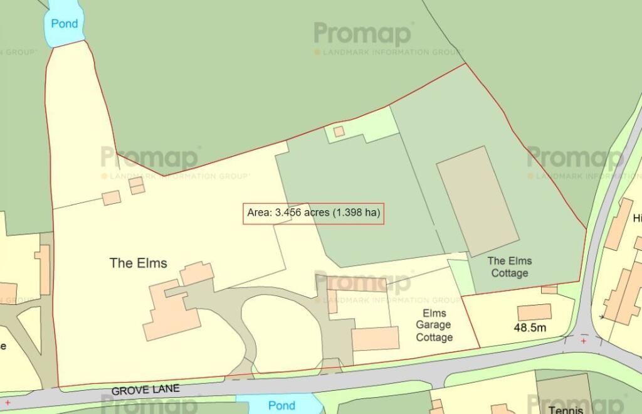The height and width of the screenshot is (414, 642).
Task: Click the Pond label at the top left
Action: (65, 24)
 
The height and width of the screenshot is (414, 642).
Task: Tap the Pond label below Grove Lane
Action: (282, 405)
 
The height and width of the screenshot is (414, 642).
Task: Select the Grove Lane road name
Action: (145, 390)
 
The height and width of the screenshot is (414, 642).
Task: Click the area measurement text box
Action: (313, 213)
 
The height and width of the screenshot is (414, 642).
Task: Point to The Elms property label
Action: (139, 263)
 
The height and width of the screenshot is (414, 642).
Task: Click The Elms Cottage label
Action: (509, 267)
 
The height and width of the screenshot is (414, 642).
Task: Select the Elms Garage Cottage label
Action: (434, 325)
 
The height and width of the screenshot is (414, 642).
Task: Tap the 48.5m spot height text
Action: (530, 327)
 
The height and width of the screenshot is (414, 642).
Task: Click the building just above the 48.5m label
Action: (534, 312)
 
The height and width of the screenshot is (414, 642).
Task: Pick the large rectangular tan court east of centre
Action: (478, 201)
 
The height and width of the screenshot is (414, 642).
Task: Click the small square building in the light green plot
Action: (339, 131)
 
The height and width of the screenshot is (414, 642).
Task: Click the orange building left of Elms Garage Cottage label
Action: (375, 339)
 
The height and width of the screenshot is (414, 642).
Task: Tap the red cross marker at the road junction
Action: (584, 341)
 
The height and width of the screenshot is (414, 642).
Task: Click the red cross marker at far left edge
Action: (8, 402)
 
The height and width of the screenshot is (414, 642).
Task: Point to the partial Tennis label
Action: (566, 409)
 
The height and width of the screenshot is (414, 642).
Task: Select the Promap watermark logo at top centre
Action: (362, 34)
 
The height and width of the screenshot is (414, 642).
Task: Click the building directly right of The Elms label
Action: (197, 273)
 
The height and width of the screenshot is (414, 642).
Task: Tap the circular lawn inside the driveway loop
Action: (282, 332)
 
